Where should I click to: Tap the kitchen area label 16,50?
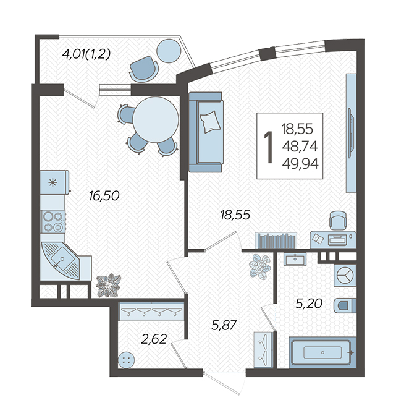pyautogui.click(x=104, y=196)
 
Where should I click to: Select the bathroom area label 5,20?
pyautogui.click(x=309, y=304)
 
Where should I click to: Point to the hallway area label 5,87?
pyautogui.click(x=224, y=325)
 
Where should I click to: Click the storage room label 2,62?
pyautogui.click(x=154, y=339)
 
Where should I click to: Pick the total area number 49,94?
pyautogui.click(x=300, y=164)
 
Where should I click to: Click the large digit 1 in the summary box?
pyautogui.click(x=269, y=147)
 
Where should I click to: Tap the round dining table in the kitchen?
pyautogui.click(x=156, y=120)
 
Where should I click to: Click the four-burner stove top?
pyautogui.click(x=53, y=221)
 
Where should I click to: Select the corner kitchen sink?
pyautogui.click(x=61, y=261)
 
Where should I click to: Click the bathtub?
pyautogui.click(x=322, y=352)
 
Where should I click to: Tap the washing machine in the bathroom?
pyautogui.click(x=345, y=276)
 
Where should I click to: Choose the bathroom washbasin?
pyautogui.click(x=295, y=259)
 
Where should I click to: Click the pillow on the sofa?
pyautogui.click(x=210, y=122)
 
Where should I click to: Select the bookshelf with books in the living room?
pyautogui.click(x=276, y=240)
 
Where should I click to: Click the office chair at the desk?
pyautogui.click(x=339, y=221)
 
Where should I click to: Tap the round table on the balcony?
pyautogui.click(x=169, y=51)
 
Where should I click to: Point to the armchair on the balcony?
pyautogui.click(x=144, y=69)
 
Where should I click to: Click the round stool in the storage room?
pyautogui.click(x=126, y=360)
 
